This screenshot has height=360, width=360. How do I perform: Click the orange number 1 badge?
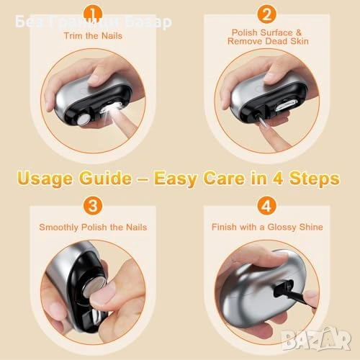pos(93,14)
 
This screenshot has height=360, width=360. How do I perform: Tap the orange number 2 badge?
pos(266,14)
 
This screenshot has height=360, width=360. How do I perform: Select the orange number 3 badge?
pos(93,206)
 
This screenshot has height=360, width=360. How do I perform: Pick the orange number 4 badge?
pos(266,206)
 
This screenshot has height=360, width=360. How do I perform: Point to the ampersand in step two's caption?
pos(298,32)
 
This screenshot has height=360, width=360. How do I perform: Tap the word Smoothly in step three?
pos(58,228)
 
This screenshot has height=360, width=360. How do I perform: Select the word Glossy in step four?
pos(282,228)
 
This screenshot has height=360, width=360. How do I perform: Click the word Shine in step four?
pos(310,227)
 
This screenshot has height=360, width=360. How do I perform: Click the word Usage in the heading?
pos(45,179)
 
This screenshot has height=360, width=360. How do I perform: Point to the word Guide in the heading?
pos(106,178)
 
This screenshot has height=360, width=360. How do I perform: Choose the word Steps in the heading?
pos(315,179)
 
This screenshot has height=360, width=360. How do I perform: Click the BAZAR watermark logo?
pos(317,338)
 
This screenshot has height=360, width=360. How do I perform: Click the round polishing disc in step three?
pos(94,287)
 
